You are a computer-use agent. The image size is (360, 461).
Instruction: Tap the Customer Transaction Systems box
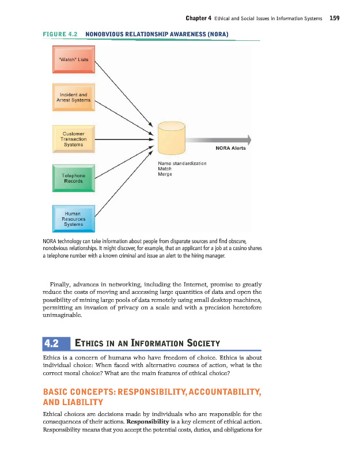[73, 139]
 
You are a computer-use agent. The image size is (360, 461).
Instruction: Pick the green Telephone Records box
[73, 178]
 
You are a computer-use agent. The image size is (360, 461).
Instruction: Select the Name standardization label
[182, 164]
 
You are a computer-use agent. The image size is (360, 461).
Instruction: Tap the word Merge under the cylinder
[165, 174]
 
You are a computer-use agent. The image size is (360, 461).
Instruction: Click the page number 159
[335, 18]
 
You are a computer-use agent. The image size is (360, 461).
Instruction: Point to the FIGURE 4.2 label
[60, 35]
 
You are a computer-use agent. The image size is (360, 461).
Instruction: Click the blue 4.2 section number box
[56, 344]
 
